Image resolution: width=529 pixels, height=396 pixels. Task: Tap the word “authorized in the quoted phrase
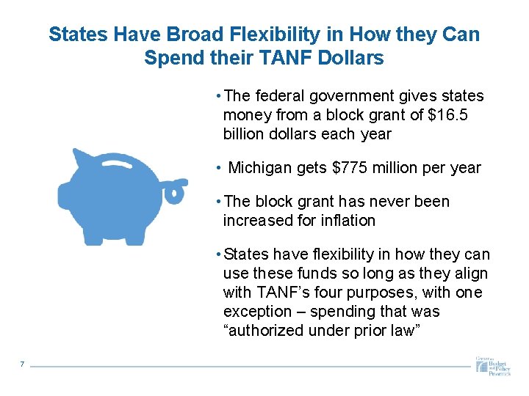[x=263, y=331]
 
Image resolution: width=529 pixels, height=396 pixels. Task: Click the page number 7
[x=23, y=364]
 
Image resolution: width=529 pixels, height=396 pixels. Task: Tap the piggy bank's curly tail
[x=174, y=192]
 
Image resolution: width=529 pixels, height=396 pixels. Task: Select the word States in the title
[x=76, y=34]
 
